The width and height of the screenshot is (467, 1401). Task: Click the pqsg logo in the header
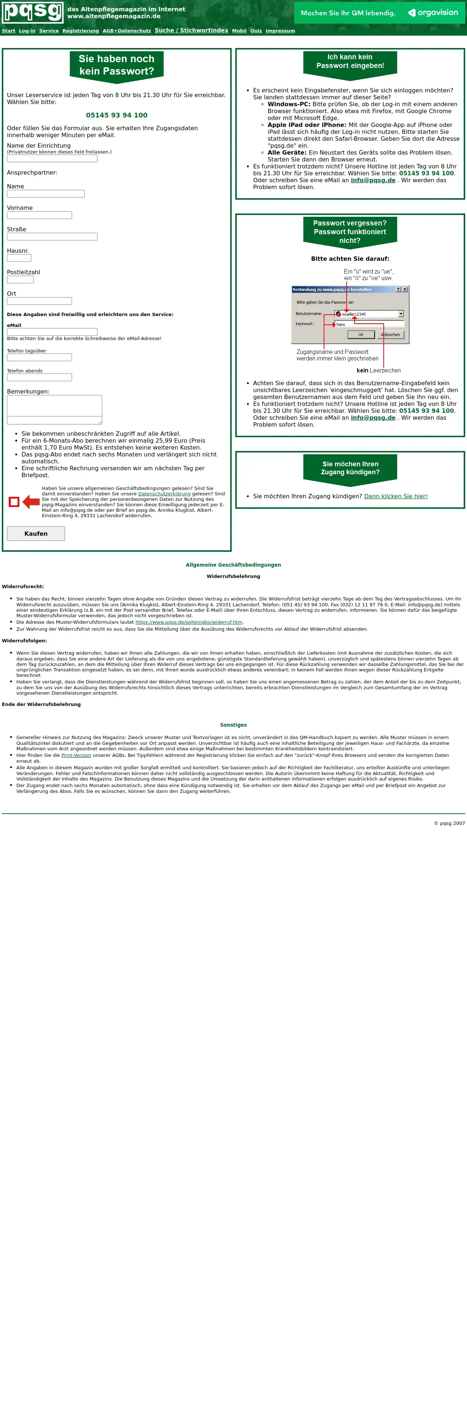(33, 12)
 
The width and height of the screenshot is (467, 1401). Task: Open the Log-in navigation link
(27, 31)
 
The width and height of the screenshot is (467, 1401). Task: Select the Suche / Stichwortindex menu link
(191, 31)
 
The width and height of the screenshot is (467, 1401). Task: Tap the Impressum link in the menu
(280, 31)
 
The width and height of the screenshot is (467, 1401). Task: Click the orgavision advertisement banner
(379, 12)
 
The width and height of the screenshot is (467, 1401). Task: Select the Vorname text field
(39, 215)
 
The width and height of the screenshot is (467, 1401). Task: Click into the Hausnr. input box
(19, 258)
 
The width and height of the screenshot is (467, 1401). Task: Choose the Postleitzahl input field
(20, 280)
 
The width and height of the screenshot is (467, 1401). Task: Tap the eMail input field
(52, 332)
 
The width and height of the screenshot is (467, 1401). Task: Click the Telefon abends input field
(39, 378)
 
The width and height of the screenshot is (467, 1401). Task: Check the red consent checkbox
(14, 502)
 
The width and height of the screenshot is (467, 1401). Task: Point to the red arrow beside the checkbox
(31, 502)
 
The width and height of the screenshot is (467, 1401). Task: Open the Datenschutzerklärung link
(164, 494)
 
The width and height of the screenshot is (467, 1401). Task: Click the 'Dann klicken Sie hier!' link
(396, 496)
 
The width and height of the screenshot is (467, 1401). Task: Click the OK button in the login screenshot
(360, 335)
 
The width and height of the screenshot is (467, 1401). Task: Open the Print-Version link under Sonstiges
(76, 755)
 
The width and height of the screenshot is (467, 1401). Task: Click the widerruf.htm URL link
(189, 622)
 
